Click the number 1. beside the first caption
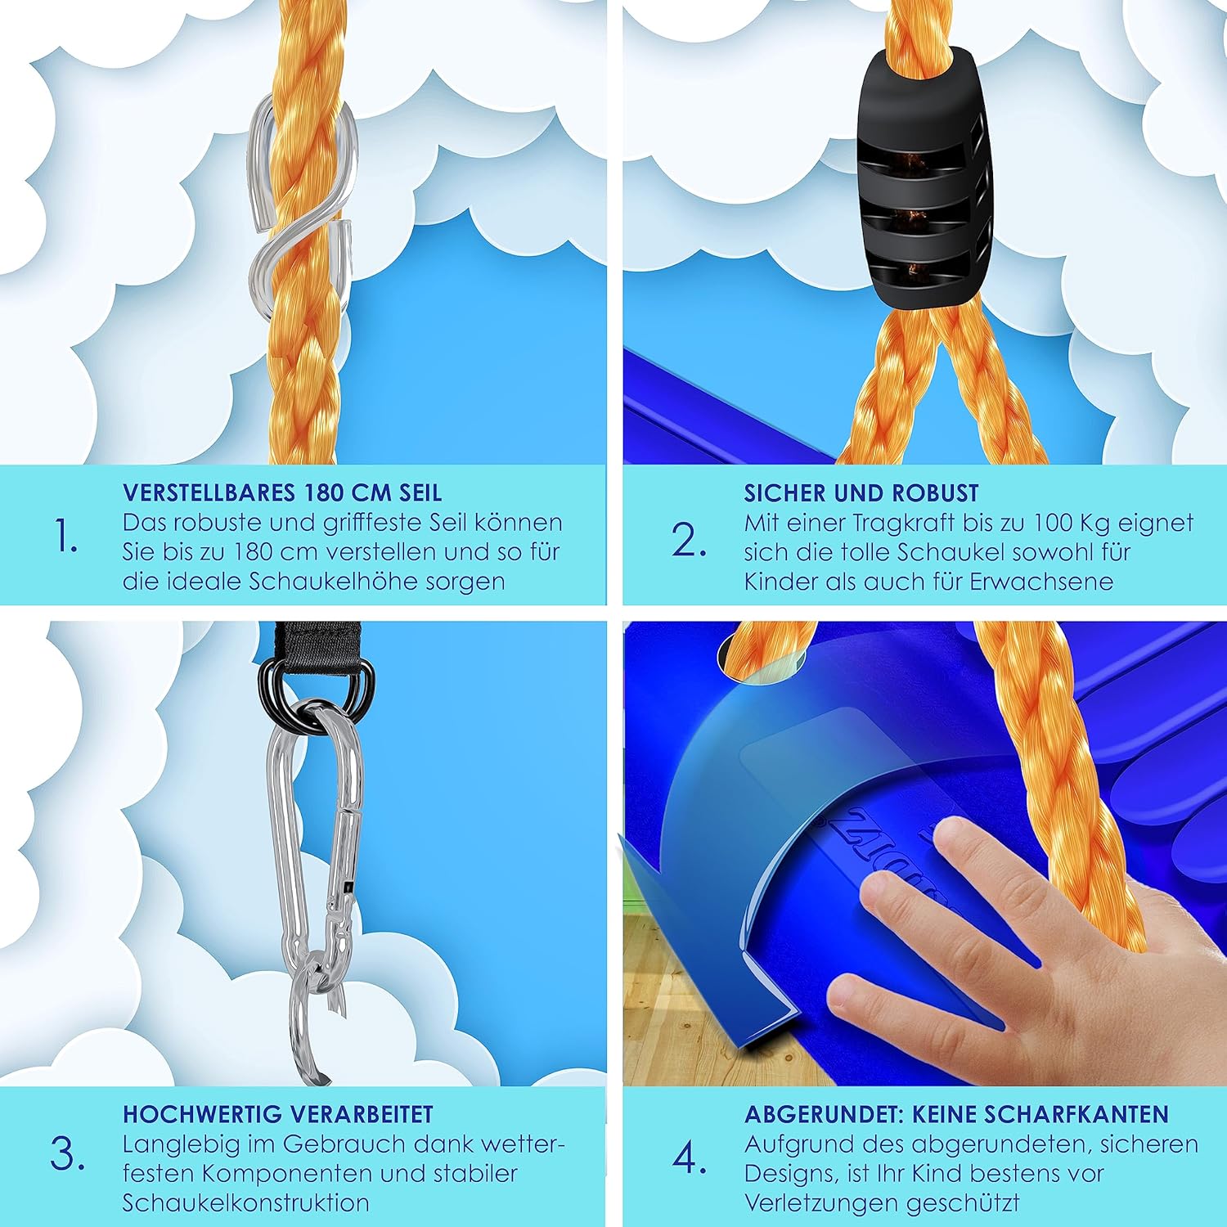coord(65,537)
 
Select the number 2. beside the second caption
coord(689,540)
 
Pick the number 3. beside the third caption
coord(67,1155)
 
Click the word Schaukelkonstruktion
coord(245,1203)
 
